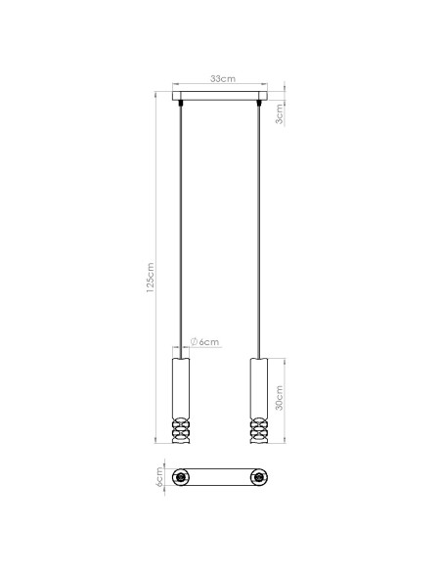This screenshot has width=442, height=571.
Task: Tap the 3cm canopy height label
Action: (281, 114)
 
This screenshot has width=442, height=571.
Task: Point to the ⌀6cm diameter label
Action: (205, 341)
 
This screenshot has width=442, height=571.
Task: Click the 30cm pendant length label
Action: (281, 401)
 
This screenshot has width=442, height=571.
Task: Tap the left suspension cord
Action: (180, 225)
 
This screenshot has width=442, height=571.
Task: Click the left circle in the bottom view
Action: (181, 477)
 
